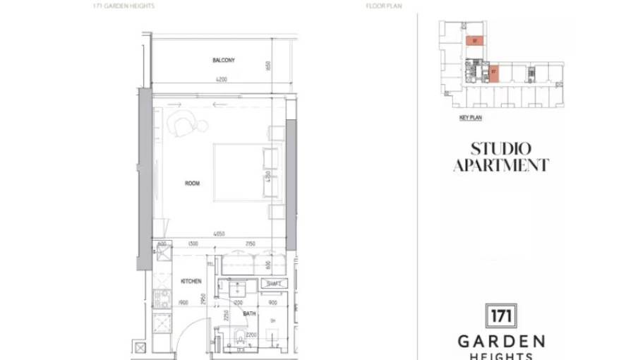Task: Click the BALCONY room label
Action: (x=224, y=61)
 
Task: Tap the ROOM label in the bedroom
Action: (x=192, y=184)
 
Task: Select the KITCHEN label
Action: (x=191, y=281)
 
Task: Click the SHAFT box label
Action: (x=273, y=284)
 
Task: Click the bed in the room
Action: (x=240, y=173)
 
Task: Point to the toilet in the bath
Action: (x=241, y=339)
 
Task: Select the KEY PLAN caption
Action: (x=470, y=118)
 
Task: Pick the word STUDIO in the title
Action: (x=500, y=149)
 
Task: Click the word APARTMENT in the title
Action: (x=500, y=166)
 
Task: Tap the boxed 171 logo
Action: (x=501, y=315)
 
